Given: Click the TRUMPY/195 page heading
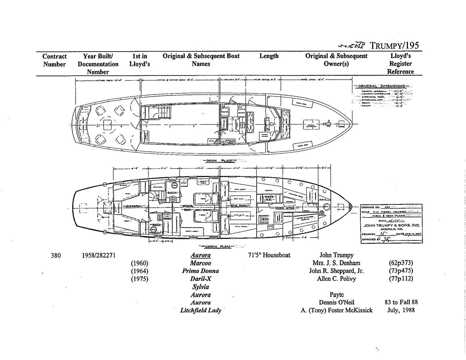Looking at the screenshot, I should point(394,45).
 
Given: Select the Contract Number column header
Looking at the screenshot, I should point(54,60).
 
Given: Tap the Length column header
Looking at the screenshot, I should point(269,56).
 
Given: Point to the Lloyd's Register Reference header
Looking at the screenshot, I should point(400,64).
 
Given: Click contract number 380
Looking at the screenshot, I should point(56,255).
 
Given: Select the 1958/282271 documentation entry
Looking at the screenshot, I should point(99,255).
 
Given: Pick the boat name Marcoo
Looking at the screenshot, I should point(200,263).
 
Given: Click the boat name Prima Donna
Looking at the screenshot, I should point(200,271).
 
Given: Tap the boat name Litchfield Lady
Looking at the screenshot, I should point(200,310).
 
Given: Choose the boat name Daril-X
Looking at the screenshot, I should point(200,279).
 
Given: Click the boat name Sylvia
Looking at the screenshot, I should point(200,287).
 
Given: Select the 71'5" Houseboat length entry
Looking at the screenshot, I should point(269,255).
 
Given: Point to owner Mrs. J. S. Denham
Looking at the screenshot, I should point(336,263).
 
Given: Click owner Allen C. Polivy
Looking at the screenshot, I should point(336,279).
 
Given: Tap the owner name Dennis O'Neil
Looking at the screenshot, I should point(336,302).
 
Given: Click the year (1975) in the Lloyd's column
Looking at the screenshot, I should point(140,279).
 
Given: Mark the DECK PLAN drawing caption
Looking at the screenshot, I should point(217,160).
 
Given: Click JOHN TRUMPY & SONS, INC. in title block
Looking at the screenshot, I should point(392,225).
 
